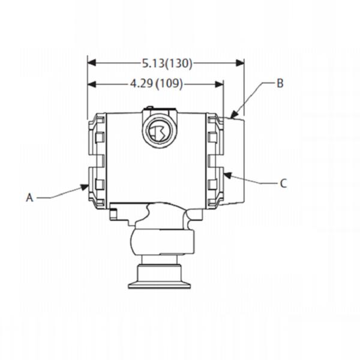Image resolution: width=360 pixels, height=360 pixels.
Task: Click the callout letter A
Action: (29, 196)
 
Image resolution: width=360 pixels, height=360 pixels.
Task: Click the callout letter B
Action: (279, 83)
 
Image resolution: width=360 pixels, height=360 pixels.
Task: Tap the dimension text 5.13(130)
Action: (166, 62)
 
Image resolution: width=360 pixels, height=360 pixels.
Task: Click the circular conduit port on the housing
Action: (160, 131)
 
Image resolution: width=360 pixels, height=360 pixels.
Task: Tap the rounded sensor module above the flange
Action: (162, 240)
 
